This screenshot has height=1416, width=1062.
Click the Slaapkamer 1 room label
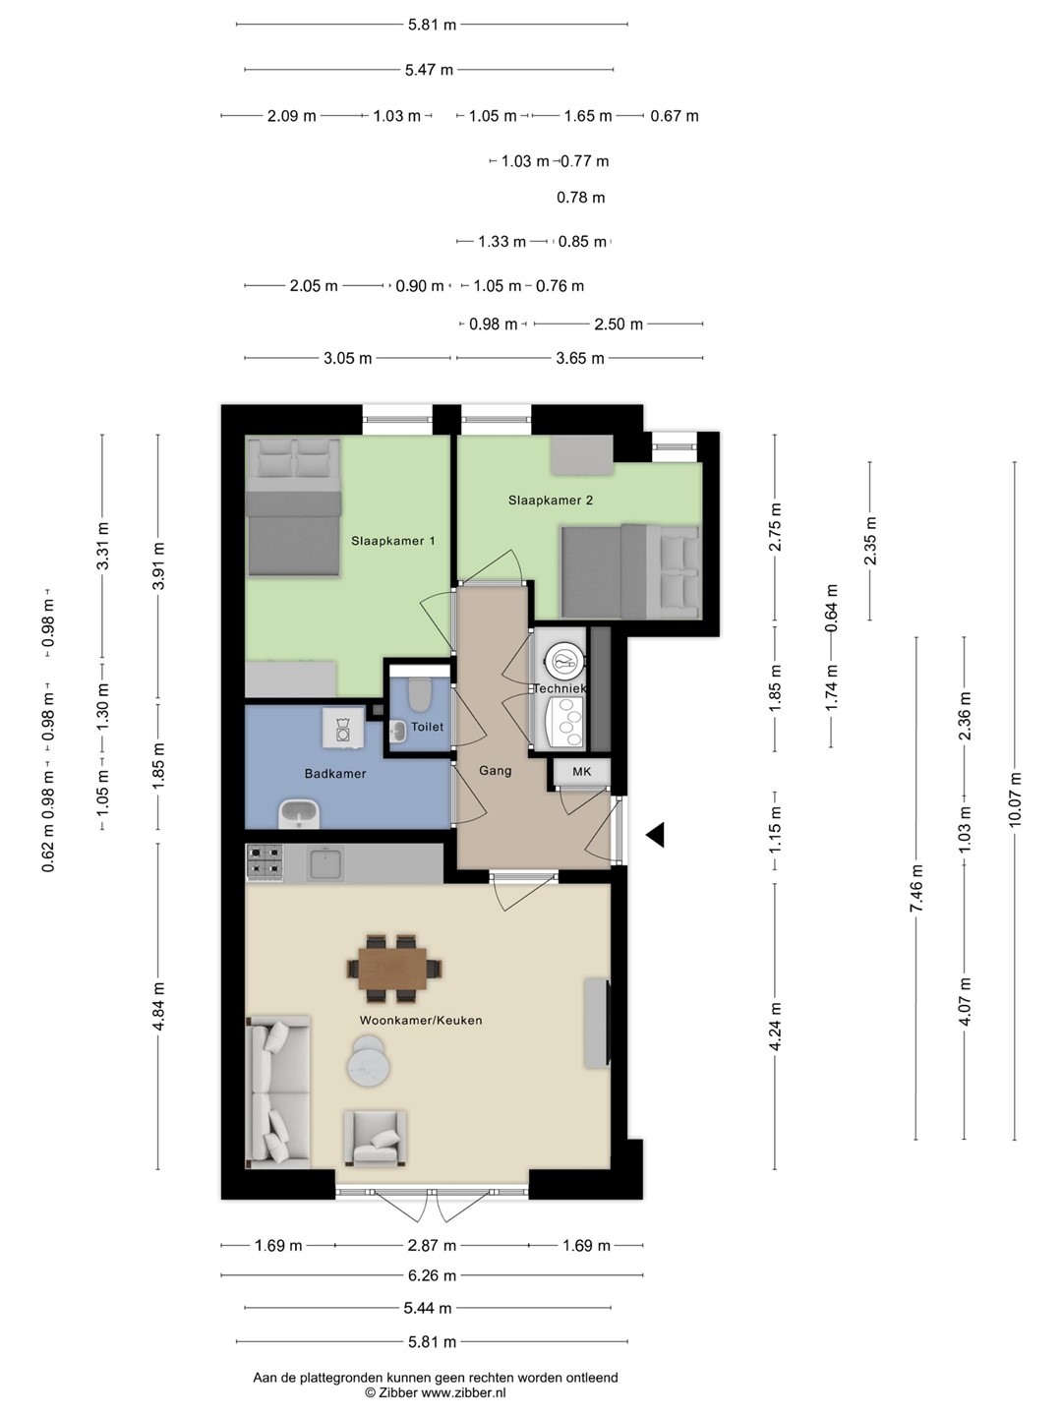392,541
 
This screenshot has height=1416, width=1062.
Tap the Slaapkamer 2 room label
550,500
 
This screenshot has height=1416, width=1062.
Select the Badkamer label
335,774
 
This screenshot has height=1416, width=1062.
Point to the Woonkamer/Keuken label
421,1020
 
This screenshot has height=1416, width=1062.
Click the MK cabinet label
581,772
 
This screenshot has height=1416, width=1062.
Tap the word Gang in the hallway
496,770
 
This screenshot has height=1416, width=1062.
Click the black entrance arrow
655,835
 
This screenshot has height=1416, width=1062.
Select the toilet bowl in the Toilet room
420,693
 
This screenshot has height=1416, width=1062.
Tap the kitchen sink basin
326,864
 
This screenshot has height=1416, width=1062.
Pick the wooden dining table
393,969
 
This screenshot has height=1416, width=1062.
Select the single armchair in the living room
376,1139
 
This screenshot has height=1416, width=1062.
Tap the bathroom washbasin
299,814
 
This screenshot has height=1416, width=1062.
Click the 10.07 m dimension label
1015,799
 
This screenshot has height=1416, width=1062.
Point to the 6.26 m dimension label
432,1275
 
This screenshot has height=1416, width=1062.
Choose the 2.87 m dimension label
432,1245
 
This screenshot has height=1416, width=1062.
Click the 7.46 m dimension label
916,888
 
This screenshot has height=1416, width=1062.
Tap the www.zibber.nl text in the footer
463,1392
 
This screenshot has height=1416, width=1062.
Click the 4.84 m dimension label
158,1006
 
